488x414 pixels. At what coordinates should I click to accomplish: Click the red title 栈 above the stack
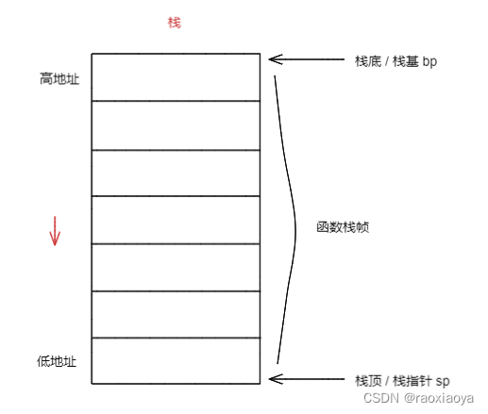(x=175, y=23)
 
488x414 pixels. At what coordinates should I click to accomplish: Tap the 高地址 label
(x=59, y=78)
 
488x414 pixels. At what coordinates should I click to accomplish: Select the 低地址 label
(x=57, y=361)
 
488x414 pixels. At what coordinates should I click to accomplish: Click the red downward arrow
(x=55, y=231)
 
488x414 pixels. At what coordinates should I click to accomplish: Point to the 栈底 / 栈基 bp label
(x=395, y=61)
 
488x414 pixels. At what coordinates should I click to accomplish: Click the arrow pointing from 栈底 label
(x=307, y=59)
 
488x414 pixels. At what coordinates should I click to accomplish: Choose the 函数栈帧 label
(x=343, y=227)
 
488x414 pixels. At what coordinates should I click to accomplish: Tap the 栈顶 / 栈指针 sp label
(x=402, y=381)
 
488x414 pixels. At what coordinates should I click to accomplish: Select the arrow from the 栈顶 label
(x=307, y=379)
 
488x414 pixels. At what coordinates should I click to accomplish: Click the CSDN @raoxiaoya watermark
(x=418, y=398)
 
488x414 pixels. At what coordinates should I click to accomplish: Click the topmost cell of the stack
(x=176, y=77)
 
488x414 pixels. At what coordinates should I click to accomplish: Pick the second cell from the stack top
(x=176, y=125)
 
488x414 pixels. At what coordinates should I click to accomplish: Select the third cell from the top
(x=176, y=173)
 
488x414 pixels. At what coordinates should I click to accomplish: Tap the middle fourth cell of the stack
(x=176, y=220)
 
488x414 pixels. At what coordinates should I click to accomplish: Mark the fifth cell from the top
(x=176, y=268)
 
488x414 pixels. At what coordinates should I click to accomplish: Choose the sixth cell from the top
(x=176, y=314)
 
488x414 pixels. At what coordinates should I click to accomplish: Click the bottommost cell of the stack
(x=176, y=360)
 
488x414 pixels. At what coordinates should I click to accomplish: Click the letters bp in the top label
(x=429, y=61)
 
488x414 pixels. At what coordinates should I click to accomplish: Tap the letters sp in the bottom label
(x=443, y=382)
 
